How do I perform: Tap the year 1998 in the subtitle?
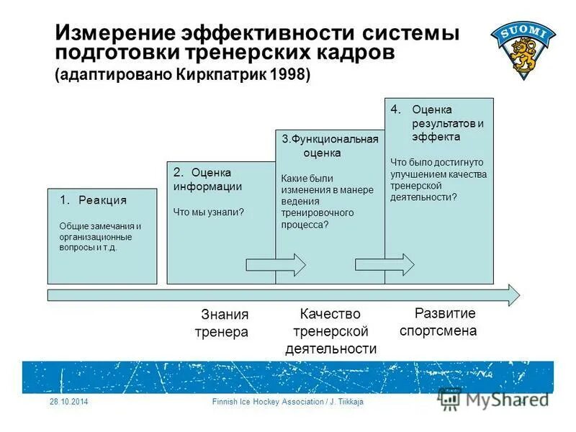coord(286,76)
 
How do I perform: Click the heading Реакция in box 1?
coord(102,200)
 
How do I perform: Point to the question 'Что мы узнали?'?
coord(208,212)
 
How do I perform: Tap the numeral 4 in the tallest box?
coord(395,109)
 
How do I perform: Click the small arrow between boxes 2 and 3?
coord(276,264)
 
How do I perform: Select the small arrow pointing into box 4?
coord(384,264)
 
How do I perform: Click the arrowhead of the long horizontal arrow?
coord(513,294)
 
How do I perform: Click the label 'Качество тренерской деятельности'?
coord(330,332)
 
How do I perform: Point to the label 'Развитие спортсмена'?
coord(438,322)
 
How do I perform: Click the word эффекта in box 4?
coord(436,137)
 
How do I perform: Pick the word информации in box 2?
coord(207,186)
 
